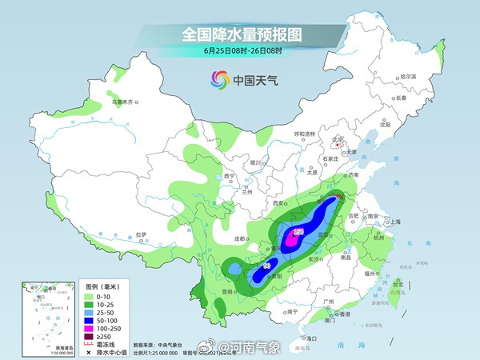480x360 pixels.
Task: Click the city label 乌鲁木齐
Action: pyautogui.click(x=124, y=102)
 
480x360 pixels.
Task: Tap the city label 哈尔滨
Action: pyautogui.click(x=409, y=77)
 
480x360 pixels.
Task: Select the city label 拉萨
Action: pyautogui.click(x=142, y=234)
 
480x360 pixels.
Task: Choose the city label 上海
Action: pyautogui.click(x=394, y=222)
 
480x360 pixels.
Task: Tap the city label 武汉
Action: pyautogui.click(x=324, y=234)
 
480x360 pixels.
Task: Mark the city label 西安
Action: pyautogui.click(x=278, y=205)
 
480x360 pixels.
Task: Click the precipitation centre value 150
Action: pyautogui.click(x=298, y=232)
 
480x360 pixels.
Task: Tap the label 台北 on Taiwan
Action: pyautogui.click(x=398, y=282)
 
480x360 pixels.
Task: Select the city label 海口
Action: pyautogui.click(x=311, y=339)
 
